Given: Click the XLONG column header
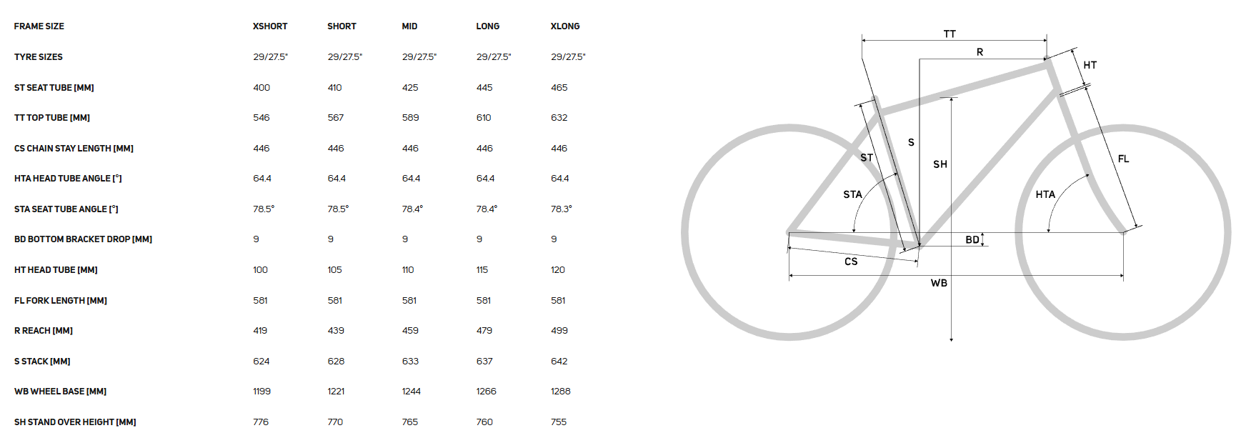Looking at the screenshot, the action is pyautogui.click(x=565, y=26).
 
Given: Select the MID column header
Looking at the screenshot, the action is pyautogui.click(x=409, y=26).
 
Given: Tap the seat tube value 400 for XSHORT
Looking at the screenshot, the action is pyautogui.click(x=261, y=88).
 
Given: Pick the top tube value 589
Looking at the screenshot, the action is pyautogui.click(x=410, y=118).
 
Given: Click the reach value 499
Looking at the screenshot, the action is pyautogui.click(x=559, y=331).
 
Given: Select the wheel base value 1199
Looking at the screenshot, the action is pyautogui.click(x=261, y=392).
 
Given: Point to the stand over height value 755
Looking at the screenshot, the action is pyautogui.click(x=559, y=422).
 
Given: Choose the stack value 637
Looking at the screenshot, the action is pyautogui.click(x=484, y=362).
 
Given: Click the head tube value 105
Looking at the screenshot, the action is pyautogui.click(x=334, y=270).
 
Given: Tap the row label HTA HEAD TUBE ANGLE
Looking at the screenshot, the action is pyautogui.click(x=68, y=179).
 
